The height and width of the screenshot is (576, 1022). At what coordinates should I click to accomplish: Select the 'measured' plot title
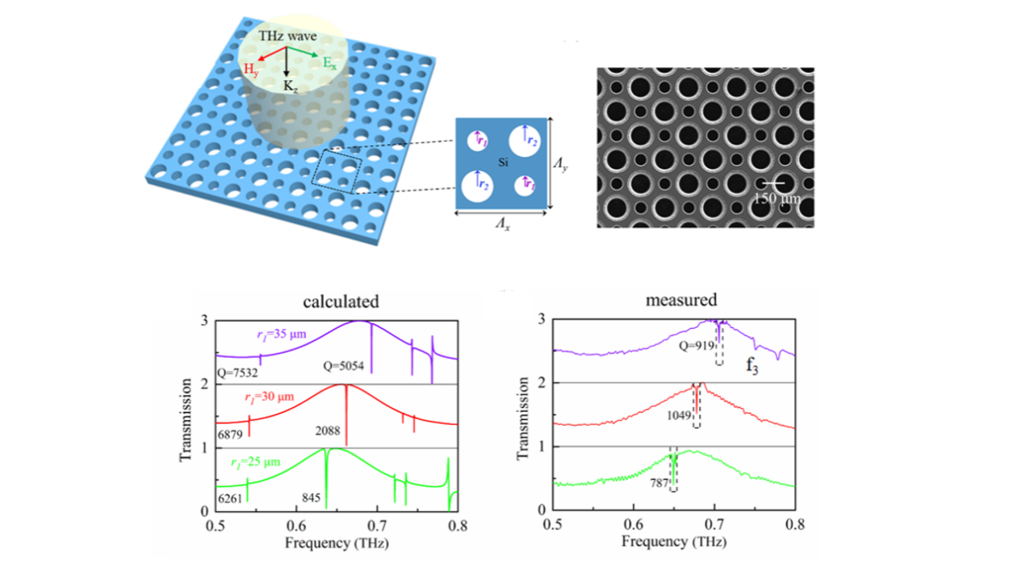click(x=681, y=300)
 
